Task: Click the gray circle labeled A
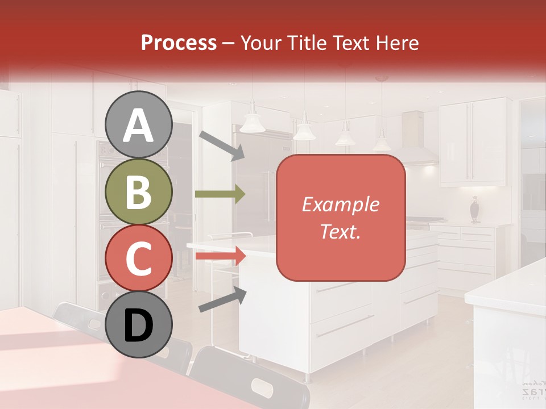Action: (x=138, y=125)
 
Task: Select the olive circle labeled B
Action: (x=138, y=192)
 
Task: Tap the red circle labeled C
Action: (x=138, y=258)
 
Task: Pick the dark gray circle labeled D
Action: (x=138, y=325)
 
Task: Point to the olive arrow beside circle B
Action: (x=220, y=194)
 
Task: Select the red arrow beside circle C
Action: (x=220, y=256)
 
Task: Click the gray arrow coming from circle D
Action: (x=222, y=299)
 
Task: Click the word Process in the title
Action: (x=179, y=43)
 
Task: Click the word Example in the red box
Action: (x=340, y=205)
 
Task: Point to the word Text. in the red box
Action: (x=340, y=231)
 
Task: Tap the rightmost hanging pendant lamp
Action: (x=382, y=142)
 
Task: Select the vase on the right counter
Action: (x=475, y=210)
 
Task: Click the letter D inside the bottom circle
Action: (x=138, y=326)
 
